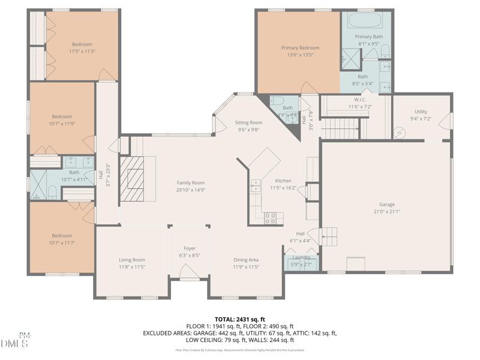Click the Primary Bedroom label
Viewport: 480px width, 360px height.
(300, 48)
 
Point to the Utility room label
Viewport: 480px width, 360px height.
(421, 112)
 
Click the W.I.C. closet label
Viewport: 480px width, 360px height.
(360, 100)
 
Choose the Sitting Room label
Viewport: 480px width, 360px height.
(248, 122)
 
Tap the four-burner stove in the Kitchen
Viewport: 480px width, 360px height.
(271, 218)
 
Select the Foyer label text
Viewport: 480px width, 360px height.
(190, 248)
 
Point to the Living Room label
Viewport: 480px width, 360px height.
(132, 260)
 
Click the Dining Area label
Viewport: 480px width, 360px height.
(246, 260)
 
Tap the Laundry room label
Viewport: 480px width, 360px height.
(301, 257)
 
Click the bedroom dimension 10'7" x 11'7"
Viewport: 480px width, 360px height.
(62, 243)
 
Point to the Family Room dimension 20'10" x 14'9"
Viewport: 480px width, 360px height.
(190, 190)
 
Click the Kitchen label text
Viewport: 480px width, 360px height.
(283, 181)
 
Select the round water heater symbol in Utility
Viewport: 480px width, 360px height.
(402, 131)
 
